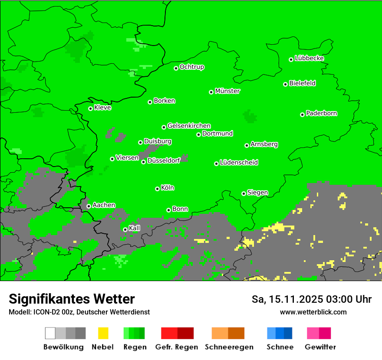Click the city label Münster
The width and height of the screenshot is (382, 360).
pos(227,91)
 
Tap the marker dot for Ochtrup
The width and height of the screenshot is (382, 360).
pos(176,68)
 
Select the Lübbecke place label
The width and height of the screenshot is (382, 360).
pos(309,58)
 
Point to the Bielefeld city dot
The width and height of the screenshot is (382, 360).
pos(286,84)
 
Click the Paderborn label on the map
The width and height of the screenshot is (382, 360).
pos(321,113)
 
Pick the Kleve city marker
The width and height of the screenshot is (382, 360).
pos(91,108)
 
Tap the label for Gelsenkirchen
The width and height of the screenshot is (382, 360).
pos(189,126)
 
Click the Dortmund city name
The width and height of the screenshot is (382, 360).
pos(217,134)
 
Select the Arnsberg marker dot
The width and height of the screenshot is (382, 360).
pos(247,145)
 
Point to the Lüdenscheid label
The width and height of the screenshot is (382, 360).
pos(239,163)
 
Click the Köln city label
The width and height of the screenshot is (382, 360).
pos(168,188)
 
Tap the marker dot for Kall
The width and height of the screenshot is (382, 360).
pos(125,229)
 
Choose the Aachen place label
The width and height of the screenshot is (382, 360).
pos(104,205)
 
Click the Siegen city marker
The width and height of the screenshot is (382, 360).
pos(244,193)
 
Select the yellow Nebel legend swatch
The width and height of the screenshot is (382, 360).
pos(103,333)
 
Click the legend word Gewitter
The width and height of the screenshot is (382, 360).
pos(320,347)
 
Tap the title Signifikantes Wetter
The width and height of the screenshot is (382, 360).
pos(72,299)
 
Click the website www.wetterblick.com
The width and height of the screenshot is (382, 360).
pos(313,312)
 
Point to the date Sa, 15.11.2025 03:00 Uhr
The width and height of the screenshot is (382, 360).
pos(311,299)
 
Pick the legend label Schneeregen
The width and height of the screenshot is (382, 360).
pos(229,347)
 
